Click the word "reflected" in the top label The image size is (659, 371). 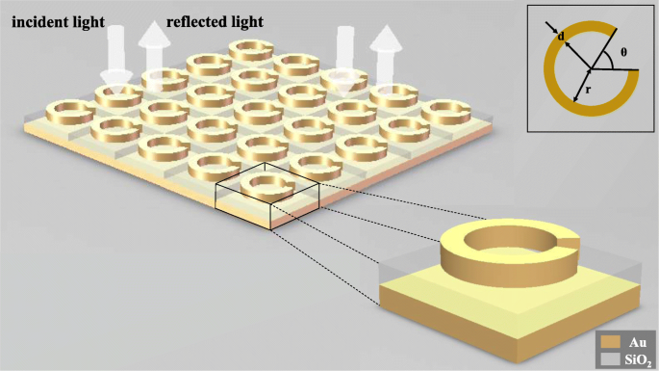click(201, 20)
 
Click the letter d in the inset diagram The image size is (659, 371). click(560, 37)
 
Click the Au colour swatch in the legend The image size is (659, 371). click(608, 340)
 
